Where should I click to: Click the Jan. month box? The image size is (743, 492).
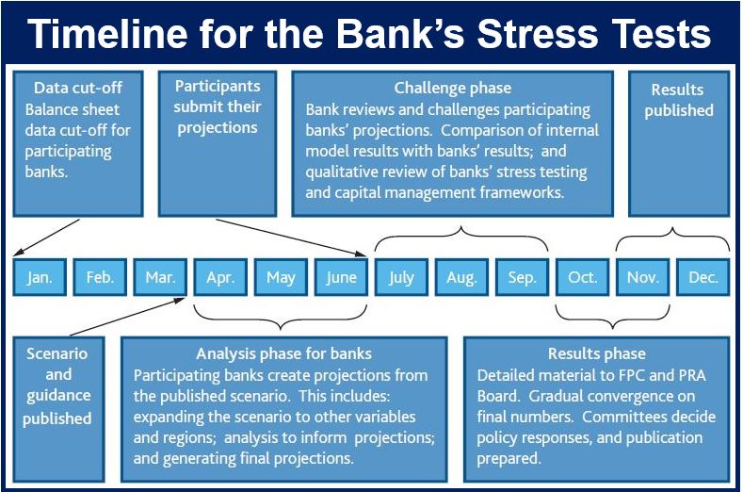(40, 277)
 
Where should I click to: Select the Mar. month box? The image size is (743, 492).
(160, 277)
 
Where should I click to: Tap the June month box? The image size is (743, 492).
(341, 277)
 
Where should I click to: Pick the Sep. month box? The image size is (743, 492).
(523, 277)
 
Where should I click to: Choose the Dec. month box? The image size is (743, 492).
(703, 277)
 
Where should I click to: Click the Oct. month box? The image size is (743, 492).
(582, 277)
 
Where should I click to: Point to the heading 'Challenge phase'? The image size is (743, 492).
(453, 88)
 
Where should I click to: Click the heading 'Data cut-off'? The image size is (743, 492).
(78, 88)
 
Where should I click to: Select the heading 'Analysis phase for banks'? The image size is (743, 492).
(283, 354)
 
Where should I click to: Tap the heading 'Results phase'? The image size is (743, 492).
(597, 354)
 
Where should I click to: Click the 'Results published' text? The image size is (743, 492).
(679, 100)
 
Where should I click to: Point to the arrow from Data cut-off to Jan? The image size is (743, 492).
(46, 238)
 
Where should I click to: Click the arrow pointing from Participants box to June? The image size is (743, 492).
(291, 238)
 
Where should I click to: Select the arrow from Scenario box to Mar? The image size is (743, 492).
(127, 317)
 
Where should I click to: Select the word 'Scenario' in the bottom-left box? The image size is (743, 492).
(57, 354)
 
